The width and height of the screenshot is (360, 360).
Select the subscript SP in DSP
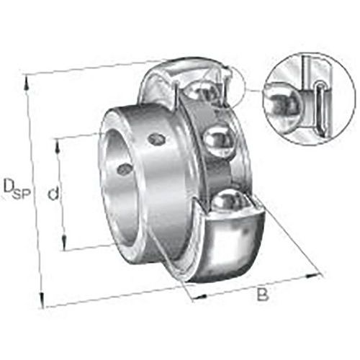pos(21,192)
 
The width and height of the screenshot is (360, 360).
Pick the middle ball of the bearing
pos(218,138)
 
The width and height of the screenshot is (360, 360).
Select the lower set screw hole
pos(125,169)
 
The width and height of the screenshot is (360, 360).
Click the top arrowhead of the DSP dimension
pos(29,84)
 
